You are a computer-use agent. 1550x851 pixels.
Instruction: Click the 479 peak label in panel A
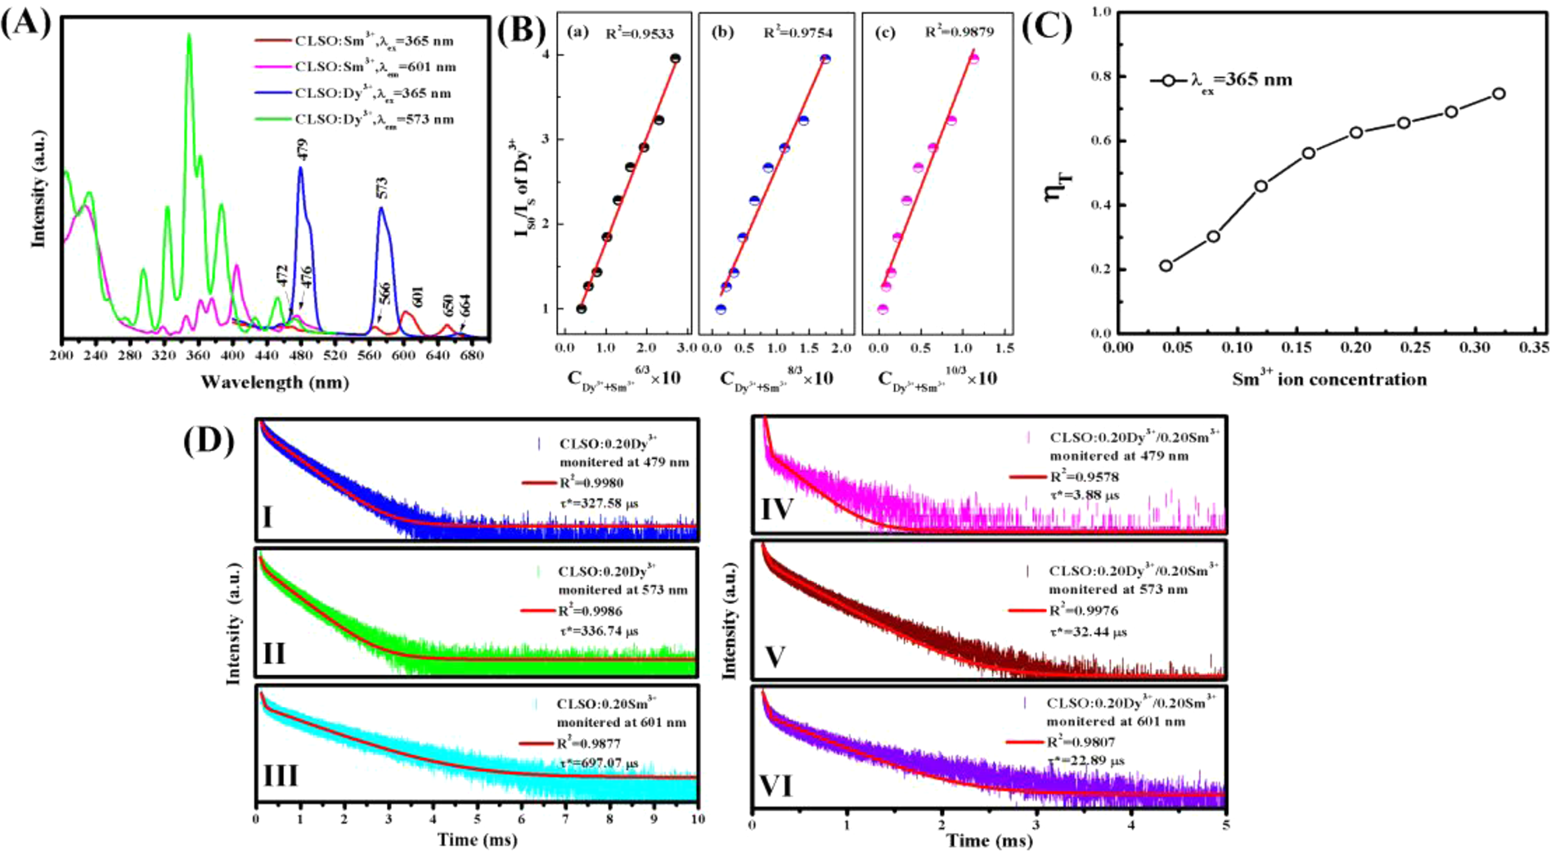tap(302, 150)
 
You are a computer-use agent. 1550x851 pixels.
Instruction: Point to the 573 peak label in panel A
tap(382, 189)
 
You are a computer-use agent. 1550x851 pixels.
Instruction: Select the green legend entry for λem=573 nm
tap(374, 119)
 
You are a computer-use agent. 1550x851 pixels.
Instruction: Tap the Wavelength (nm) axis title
tap(275, 381)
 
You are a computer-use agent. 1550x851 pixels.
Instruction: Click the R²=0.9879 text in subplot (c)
tap(959, 33)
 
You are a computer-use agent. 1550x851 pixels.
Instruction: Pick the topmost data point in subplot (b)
tap(825, 59)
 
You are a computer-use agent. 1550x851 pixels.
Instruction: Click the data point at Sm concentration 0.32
tap(1498, 94)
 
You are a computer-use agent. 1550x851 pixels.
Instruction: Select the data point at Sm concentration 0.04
tap(1166, 265)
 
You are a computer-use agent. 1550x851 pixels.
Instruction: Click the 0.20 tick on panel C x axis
tap(1356, 348)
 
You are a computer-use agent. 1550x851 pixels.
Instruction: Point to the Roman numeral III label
tap(281, 775)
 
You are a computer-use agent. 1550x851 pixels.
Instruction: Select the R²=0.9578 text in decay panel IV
tap(1085, 477)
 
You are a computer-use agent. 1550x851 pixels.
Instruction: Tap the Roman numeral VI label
tap(775, 786)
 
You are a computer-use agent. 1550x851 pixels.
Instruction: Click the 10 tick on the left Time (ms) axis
tap(697, 818)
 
